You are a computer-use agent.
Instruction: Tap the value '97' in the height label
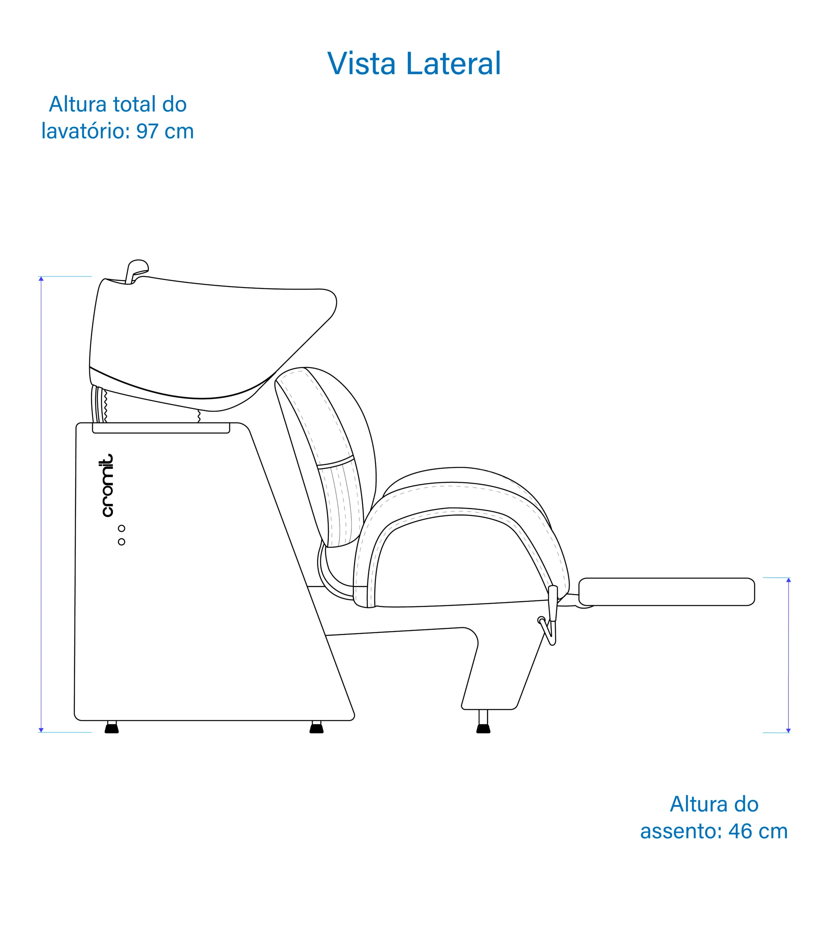pyautogui.click(x=147, y=131)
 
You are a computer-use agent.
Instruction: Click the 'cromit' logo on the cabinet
pyautogui.click(x=107, y=486)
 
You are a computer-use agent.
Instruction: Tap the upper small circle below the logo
pyautogui.click(x=121, y=528)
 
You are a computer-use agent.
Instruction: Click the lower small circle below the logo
pyautogui.click(x=121, y=542)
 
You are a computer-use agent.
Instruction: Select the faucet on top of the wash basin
pyautogui.click(x=136, y=272)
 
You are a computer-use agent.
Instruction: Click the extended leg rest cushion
pyautogui.click(x=666, y=592)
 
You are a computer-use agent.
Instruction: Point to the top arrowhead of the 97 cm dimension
pyautogui.click(x=41, y=278)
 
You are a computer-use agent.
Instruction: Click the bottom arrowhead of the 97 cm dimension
pyautogui.click(x=41, y=730)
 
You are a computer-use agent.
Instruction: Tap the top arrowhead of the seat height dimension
pyautogui.click(x=788, y=580)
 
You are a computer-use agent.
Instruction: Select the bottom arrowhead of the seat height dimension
pyautogui.click(x=788, y=731)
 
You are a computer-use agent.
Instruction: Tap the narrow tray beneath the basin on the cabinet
pyautogui.click(x=161, y=428)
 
